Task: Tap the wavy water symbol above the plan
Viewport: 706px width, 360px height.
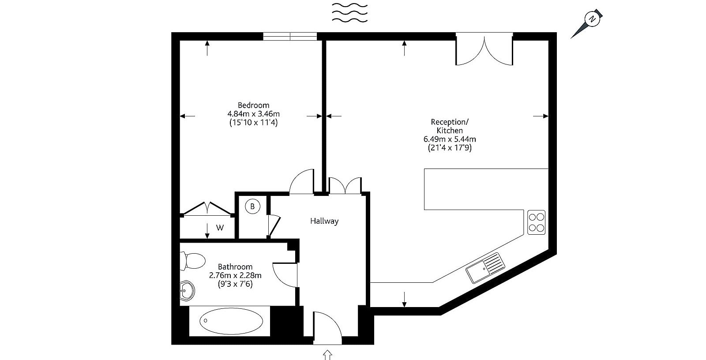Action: pyautogui.click(x=350, y=13)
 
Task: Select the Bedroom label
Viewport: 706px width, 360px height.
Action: pyautogui.click(x=253, y=105)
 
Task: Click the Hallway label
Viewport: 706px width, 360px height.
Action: pyautogui.click(x=324, y=221)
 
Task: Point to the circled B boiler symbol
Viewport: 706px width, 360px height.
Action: pyautogui.click(x=252, y=207)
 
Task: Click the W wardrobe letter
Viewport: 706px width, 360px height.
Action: pyautogui.click(x=220, y=228)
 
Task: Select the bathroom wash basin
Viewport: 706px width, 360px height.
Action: pyautogui.click(x=187, y=291)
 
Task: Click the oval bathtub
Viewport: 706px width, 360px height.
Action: pyautogui.click(x=231, y=321)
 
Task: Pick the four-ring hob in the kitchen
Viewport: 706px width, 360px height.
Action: pyautogui.click(x=537, y=222)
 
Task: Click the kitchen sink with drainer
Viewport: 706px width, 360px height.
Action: pyautogui.click(x=485, y=268)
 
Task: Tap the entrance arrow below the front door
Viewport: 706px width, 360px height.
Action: pyautogui.click(x=328, y=355)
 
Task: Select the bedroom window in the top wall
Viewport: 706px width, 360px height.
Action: pyautogui.click(x=290, y=36)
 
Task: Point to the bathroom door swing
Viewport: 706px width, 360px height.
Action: pyautogui.click(x=285, y=275)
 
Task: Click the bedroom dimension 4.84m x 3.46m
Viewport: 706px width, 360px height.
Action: pyautogui.click(x=253, y=114)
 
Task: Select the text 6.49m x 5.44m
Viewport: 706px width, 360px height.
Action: pyautogui.click(x=450, y=139)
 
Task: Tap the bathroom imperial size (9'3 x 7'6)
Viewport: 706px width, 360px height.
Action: pyautogui.click(x=235, y=284)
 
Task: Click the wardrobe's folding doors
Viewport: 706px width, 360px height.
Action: pyautogui.click(x=207, y=209)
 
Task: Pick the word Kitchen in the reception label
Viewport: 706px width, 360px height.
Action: pyautogui.click(x=450, y=131)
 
